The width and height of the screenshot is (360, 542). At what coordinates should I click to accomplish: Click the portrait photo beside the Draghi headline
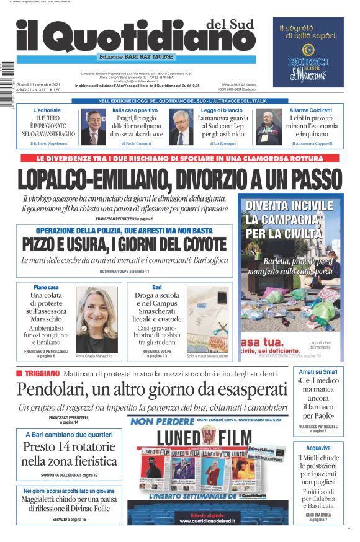94,127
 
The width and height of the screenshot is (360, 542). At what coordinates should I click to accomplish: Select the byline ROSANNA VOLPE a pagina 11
124,272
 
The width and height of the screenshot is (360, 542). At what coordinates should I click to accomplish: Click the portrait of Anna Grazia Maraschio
96,320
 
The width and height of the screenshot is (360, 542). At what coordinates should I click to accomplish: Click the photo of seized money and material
207,320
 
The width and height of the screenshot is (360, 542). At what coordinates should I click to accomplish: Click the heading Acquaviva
318,448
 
